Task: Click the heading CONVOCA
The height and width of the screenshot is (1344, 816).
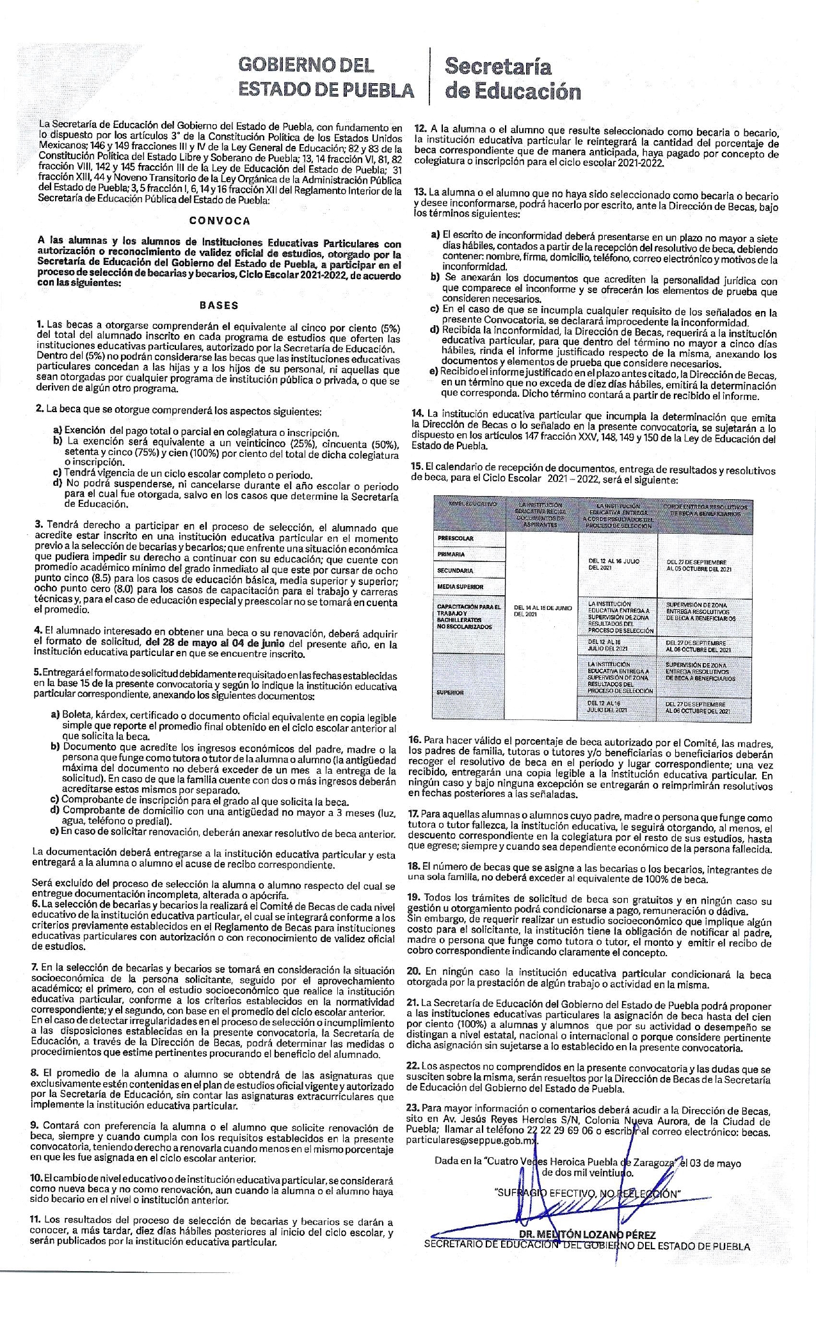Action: tap(220, 220)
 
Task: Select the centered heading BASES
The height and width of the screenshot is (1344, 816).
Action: tap(219, 305)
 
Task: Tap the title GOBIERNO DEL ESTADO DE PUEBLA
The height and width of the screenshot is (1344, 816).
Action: tap(326, 77)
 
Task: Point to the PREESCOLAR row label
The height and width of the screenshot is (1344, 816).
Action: tap(456, 538)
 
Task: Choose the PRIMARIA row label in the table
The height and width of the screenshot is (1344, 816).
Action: tap(451, 554)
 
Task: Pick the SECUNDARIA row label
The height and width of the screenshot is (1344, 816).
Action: tap(455, 570)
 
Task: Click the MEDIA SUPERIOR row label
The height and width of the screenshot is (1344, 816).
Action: tap(460, 586)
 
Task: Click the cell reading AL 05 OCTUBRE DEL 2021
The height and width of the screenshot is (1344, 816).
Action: tap(699, 568)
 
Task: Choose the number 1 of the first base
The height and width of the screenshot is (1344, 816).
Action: tap(40, 325)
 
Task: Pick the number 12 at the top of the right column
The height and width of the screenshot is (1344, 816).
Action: tap(420, 127)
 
